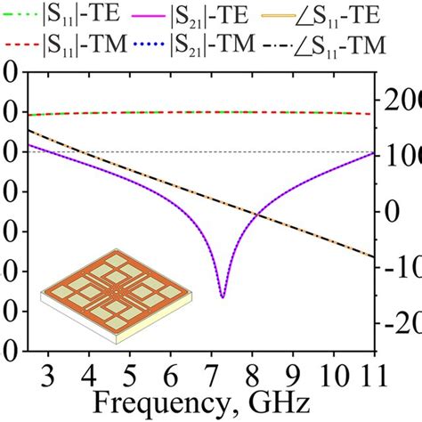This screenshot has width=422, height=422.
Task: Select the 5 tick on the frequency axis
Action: [x=129, y=369]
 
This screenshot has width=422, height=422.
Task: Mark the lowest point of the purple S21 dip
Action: [x=223, y=296]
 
